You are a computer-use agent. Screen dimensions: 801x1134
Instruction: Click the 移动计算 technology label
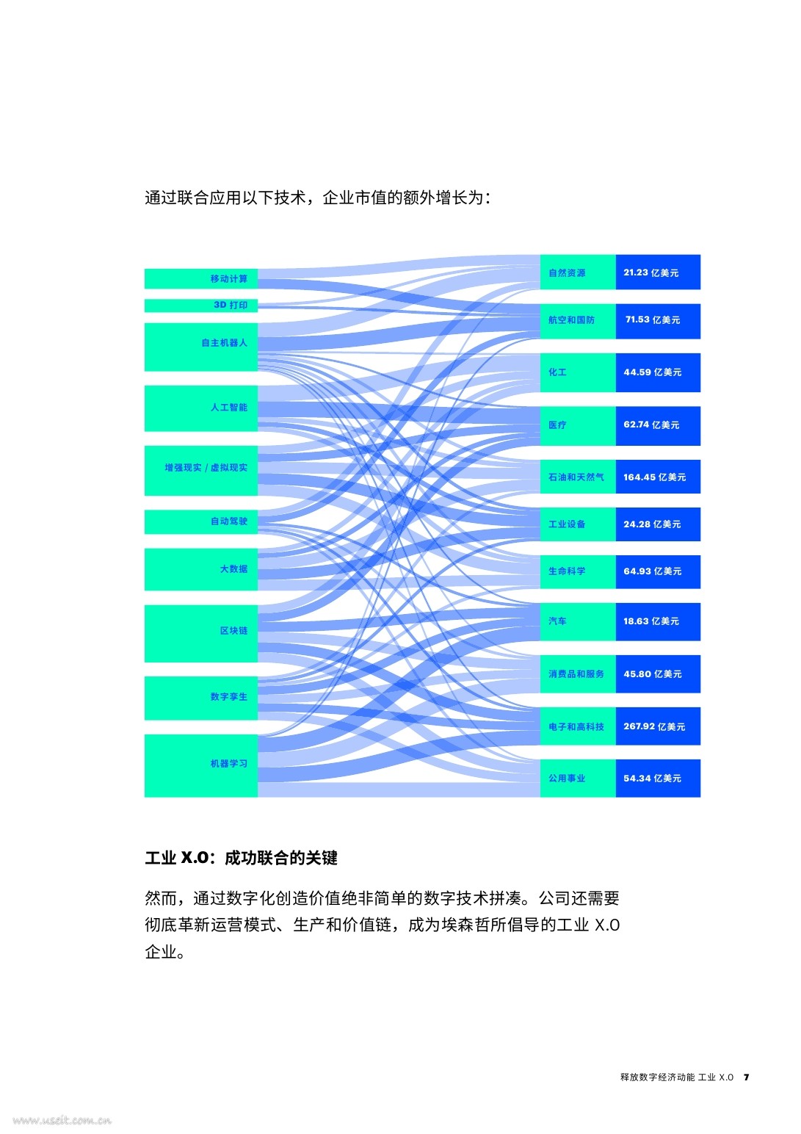click(229, 279)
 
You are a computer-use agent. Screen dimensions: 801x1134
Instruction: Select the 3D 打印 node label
click(231, 305)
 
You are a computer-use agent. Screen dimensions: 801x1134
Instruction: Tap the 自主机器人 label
click(224, 343)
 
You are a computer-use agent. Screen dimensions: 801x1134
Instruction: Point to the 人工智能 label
click(229, 407)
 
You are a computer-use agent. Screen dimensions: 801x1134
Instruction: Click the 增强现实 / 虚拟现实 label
click(206, 467)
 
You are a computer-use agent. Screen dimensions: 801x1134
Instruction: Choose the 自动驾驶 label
click(229, 521)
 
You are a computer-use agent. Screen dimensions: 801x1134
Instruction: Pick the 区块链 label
click(233, 630)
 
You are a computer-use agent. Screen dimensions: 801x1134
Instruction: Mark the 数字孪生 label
click(229, 696)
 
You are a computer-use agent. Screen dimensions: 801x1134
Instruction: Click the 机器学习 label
click(229, 763)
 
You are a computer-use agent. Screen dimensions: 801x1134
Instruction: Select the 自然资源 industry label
click(567, 273)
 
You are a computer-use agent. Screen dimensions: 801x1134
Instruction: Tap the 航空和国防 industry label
click(571, 320)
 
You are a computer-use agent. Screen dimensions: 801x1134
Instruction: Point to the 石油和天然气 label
click(576, 477)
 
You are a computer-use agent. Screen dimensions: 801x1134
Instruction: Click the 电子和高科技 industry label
click(576, 726)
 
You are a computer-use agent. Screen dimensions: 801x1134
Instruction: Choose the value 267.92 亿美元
click(653, 726)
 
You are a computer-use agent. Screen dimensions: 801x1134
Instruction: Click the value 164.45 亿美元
click(654, 477)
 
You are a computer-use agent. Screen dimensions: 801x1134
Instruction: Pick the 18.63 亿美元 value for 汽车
click(650, 621)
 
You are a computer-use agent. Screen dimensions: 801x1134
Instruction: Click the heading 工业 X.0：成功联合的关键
click(241, 858)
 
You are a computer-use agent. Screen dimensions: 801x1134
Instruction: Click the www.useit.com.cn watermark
click(62, 1120)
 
